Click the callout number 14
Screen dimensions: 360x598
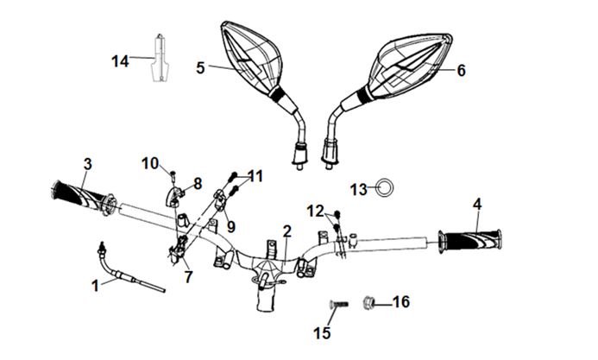[x=120, y=60]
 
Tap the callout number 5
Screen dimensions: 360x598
[x=200, y=66]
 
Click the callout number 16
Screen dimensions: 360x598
[x=401, y=302]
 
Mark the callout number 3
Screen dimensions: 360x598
[x=87, y=163]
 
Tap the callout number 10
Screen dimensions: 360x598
[x=150, y=163]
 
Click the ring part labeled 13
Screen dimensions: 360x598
[x=386, y=187]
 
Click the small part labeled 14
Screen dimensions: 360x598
[x=159, y=60]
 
